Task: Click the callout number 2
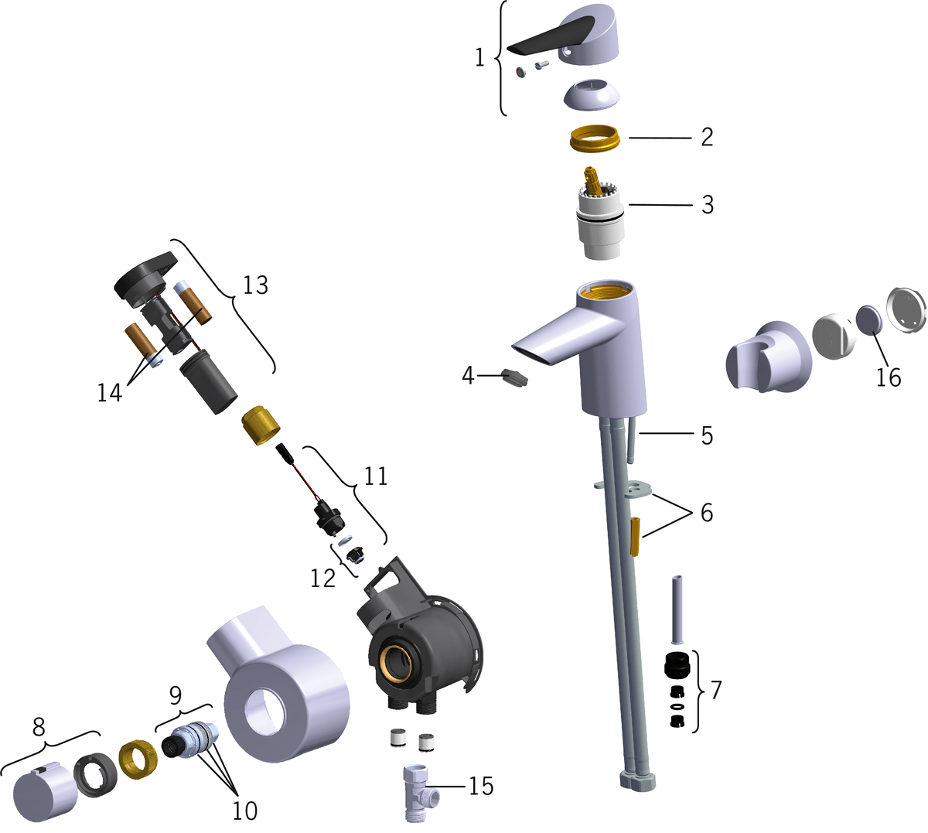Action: tap(708, 137)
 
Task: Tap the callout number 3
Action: tap(708, 204)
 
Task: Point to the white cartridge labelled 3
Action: tap(600, 214)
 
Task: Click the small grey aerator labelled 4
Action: tap(515, 377)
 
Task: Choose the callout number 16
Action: tap(889, 377)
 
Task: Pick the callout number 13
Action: tap(255, 285)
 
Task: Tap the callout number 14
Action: tap(110, 393)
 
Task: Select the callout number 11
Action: tap(376, 476)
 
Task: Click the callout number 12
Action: tap(323, 579)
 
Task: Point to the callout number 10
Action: tap(245, 811)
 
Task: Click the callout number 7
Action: tap(716, 690)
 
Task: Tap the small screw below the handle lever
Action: tap(541, 65)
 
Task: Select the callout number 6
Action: tap(707, 512)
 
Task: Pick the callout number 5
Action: tap(708, 435)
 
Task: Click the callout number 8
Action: tap(39, 726)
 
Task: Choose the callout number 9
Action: tap(176, 695)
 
